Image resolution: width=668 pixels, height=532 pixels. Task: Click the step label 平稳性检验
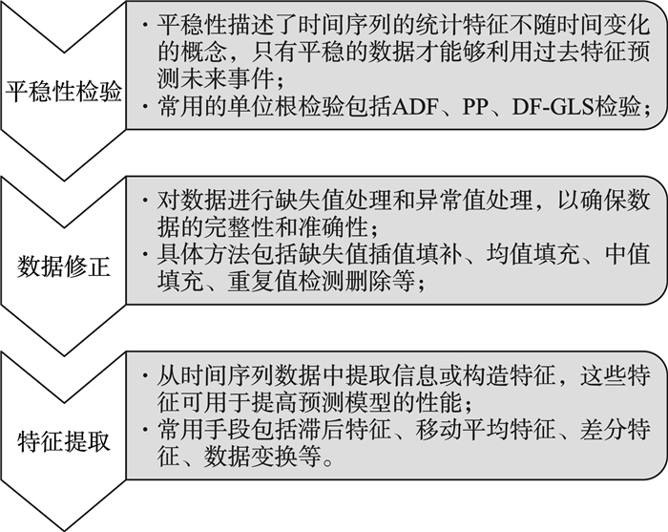(x=64, y=92)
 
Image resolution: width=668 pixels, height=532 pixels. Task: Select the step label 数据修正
(x=64, y=266)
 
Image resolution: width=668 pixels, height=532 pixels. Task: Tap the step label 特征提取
(x=64, y=441)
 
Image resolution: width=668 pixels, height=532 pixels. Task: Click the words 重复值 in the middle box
(x=262, y=282)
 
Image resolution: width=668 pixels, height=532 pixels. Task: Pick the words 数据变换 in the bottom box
(x=250, y=457)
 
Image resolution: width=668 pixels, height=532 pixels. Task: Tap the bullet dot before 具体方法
(x=146, y=254)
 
